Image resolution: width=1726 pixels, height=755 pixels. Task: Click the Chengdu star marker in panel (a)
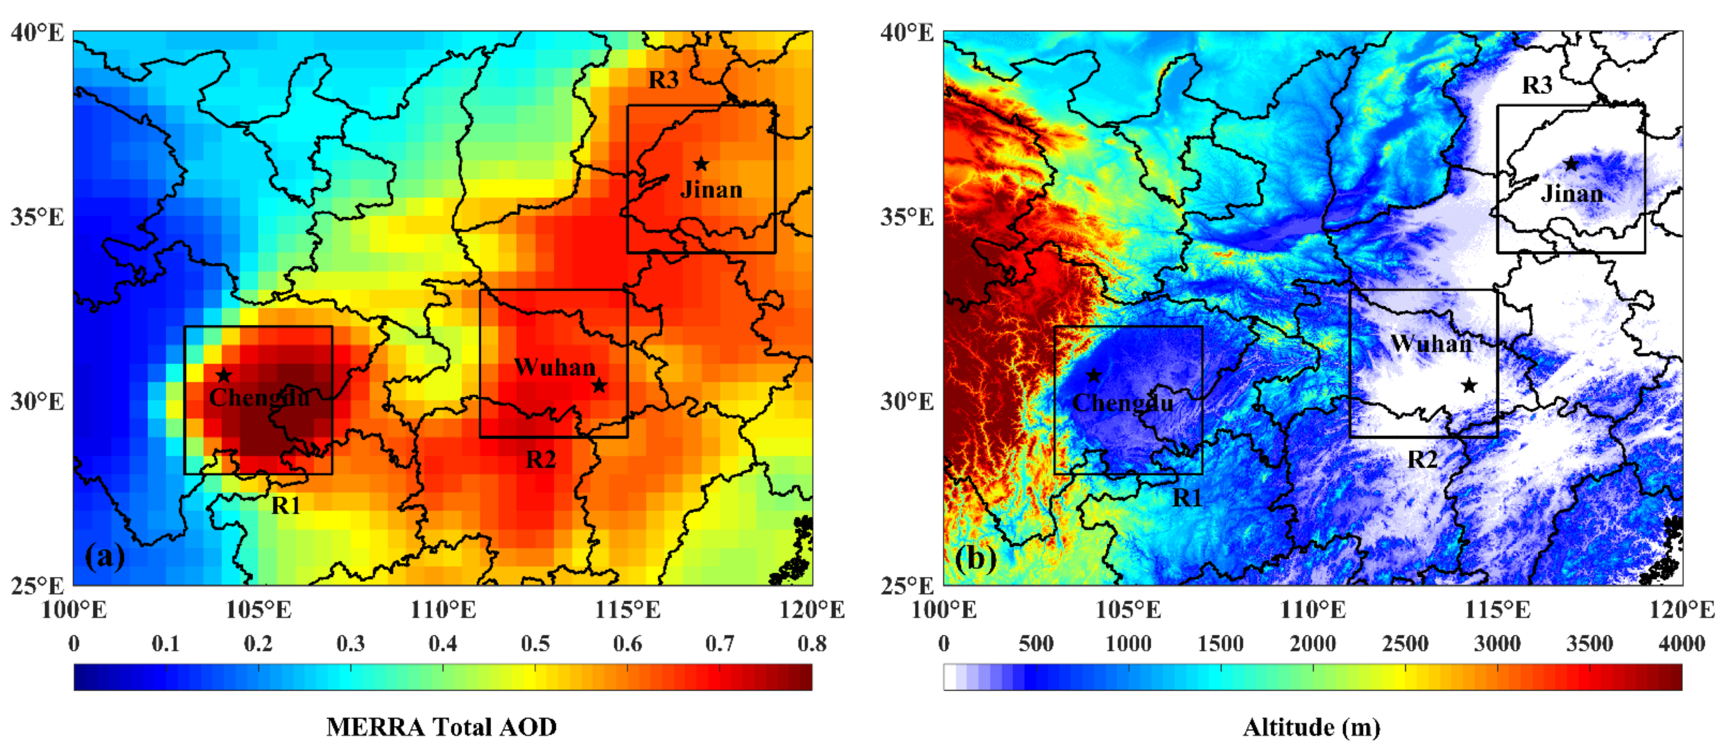click(x=224, y=376)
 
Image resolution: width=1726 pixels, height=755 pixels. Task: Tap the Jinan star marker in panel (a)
click(x=701, y=164)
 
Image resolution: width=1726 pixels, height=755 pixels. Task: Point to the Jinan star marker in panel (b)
click(x=1571, y=164)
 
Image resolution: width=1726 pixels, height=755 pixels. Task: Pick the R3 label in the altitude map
click(x=1537, y=85)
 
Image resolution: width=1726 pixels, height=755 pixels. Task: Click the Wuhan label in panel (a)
click(x=555, y=367)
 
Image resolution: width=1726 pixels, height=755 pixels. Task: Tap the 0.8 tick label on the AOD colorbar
click(x=812, y=644)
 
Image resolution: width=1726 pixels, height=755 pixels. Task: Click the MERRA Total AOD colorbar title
click(x=442, y=727)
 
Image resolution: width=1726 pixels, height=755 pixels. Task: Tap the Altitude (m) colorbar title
click(x=1312, y=727)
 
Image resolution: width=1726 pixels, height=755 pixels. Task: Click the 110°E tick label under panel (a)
click(x=443, y=610)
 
